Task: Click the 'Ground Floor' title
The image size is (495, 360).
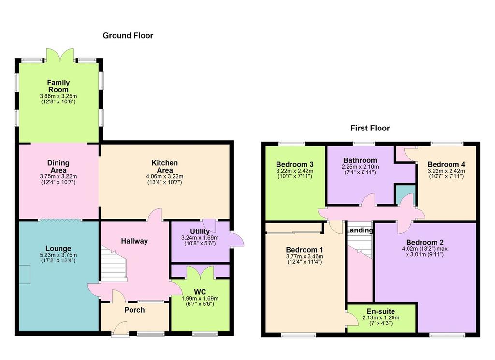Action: click(x=128, y=35)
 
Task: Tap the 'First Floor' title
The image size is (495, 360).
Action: click(x=370, y=128)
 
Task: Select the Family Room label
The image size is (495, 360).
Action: click(x=58, y=86)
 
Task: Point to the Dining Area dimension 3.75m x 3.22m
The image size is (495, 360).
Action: click(x=58, y=177)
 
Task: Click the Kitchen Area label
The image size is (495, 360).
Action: click(x=164, y=166)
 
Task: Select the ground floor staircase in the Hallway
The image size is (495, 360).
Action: click(x=113, y=263)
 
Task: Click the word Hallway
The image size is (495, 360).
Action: click(x=134, y=241)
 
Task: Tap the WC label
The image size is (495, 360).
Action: click(x=200, y=291)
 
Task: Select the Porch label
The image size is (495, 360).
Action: click(x=134, y=310)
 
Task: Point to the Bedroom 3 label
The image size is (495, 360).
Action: click(x=294, y=164)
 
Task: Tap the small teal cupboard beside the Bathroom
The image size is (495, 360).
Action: click(x=402, y=194)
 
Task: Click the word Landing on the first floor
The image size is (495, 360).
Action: click(x=360, y=230)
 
